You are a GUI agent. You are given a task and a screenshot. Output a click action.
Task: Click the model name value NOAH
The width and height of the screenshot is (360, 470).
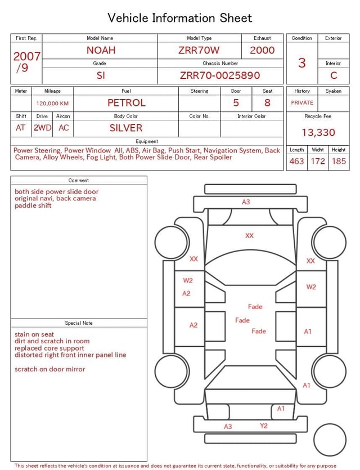pyautogui.click(x=101, y=50)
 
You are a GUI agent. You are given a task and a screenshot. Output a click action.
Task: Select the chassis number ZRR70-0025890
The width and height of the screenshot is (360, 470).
pyautogui.click(x=220, y=75)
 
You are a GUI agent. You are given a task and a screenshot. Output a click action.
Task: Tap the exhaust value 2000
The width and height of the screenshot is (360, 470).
pyautogui.click(x=262, y=50)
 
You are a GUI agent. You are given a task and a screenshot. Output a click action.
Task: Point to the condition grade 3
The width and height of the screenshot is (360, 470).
pyautogui.click(x=302, y=63)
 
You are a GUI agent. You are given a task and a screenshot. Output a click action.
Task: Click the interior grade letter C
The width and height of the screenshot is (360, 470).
pyautogui.click(x=334, y=75)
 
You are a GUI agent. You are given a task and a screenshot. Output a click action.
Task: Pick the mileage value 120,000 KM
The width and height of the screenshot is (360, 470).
pyautogui.click(x=52, y=104)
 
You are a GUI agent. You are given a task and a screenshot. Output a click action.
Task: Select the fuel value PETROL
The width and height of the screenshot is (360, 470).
pyautogui.click(x=127, y=103)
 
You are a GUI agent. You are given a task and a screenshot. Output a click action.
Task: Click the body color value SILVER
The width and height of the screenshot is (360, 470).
pyautogui.click(x=126, y=128)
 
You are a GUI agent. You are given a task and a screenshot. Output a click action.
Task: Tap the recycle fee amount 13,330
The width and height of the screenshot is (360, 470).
pyautogui.click(x=318, y=132)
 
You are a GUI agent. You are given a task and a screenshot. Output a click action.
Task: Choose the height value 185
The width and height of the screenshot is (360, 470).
pyautogui.click(x=339, y=161)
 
